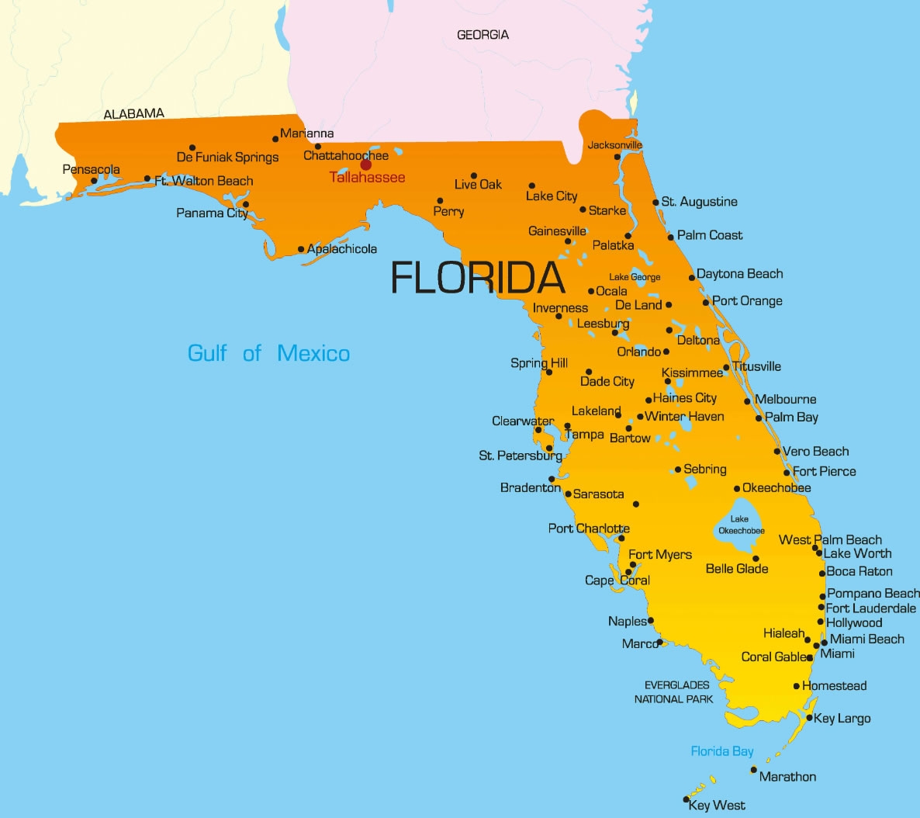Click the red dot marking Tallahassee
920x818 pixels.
tap(365, 165)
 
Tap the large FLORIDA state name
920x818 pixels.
tap(477, 277)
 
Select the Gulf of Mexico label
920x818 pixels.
tap(268, 354)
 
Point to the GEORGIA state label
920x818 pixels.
tap(482, 35)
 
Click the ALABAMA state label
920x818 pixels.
tap(134, 114)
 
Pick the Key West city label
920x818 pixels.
tap(717, 806)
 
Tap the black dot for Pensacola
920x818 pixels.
tap(94, 181)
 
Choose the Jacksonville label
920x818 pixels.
tap(614, 145)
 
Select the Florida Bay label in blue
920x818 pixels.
tap(721, 751)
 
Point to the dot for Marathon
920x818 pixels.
tap(753, 770)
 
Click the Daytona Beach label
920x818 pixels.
tap(739, 274)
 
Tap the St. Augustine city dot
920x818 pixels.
tap(655, 203)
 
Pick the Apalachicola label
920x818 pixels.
tap(342, 249)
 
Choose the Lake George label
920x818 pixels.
tap(635, 277)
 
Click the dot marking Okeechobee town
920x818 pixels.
tap(737, 489)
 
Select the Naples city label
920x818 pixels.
tap(627, 621)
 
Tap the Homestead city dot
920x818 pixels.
tap(797, 686)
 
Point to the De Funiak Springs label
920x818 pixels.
tap(227, 158)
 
